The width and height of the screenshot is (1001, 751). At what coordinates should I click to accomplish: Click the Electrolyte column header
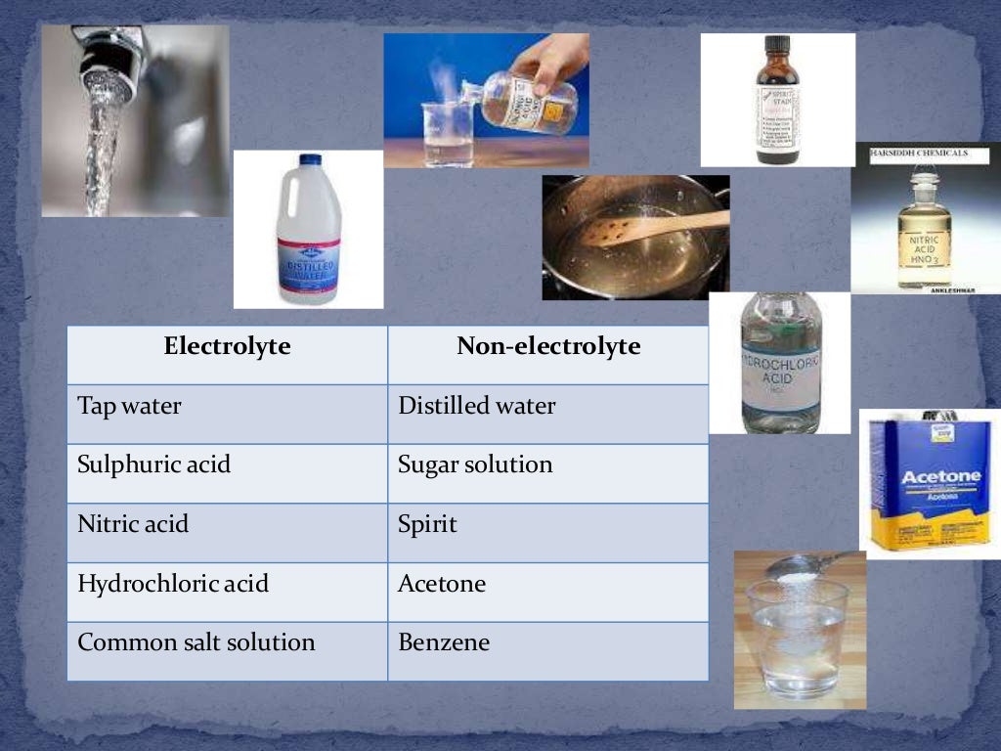(x=227, y=346)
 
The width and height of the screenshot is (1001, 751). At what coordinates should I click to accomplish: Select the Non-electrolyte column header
(x=548, y=346)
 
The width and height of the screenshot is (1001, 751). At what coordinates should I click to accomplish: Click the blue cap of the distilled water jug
(x=310, y=159)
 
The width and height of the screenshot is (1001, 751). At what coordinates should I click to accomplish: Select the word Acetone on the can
(x=926, y=476)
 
